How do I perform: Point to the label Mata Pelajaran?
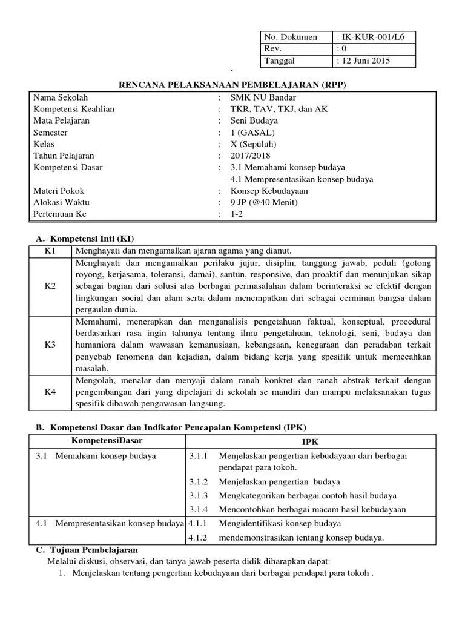[x=61, y=120]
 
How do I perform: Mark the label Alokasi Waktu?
[x=61, y=203]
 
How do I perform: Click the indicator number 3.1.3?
[x=198, y=495]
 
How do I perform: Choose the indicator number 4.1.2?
[x=198, y=537]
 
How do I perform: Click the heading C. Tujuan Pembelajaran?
[x=87, y=549]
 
